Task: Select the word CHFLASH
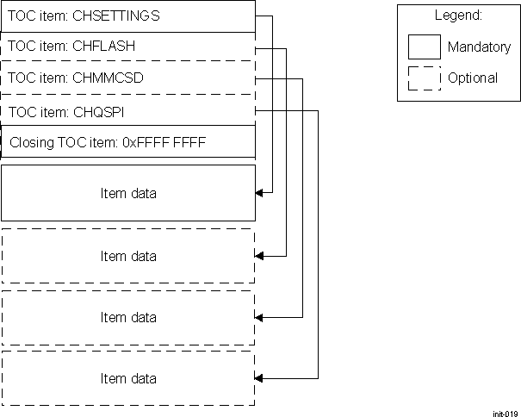pyautogui.click(x=104, y=47)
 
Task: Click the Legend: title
pyautogui.click(x=457, y=16)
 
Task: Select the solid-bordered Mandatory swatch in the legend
pyautogui.click(x=424, y=47)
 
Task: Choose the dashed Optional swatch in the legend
pyautogui.click(x=424, y=78)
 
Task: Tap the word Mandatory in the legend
pyautogui.click(x=479, y=47)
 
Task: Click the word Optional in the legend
pyautogui.click(x=473, y=78)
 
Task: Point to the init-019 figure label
pyautogui.click(x=505, y=413)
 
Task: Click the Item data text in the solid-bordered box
pyautogui.click(x=128, y=193)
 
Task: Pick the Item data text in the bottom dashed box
pyautogui.click(x=128, y=378)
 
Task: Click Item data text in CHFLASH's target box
pyautogui.click(x=128, y=256)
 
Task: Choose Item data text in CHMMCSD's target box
pyautogui.click(x=128, y=317)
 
